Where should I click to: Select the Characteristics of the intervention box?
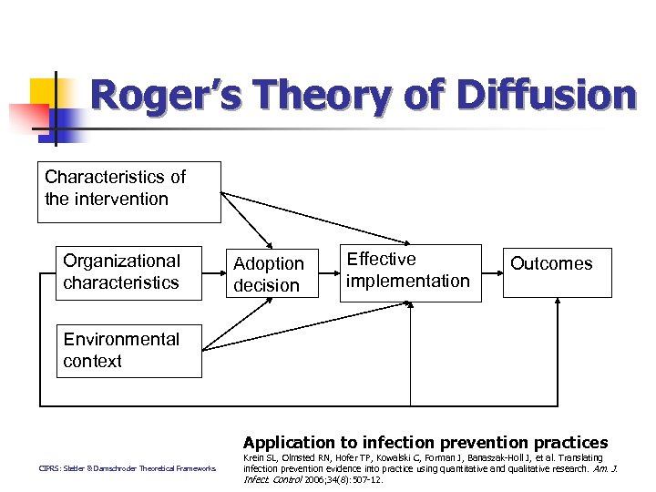point(129,192)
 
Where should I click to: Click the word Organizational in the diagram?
point(122,261)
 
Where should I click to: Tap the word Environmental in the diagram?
point(121,339)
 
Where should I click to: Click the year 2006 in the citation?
point(314,478)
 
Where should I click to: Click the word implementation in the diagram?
point(408,281)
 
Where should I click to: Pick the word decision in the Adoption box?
point(266,285)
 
